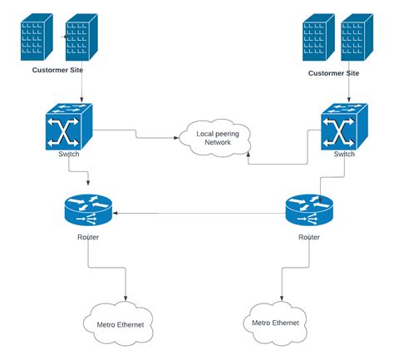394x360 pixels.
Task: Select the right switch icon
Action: [343, 127]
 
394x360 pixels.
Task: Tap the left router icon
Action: [86, 211]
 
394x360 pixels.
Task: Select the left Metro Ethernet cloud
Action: [121, 323]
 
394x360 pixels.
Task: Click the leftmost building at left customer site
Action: [35, 39]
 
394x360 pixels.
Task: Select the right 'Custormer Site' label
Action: [333, 73]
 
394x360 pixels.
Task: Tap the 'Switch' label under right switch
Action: [343, 155]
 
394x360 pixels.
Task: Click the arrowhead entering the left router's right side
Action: [115, 214]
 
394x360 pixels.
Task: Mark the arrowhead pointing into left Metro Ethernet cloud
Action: [126, 300]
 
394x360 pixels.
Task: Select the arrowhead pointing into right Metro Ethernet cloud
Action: [282, 298]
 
